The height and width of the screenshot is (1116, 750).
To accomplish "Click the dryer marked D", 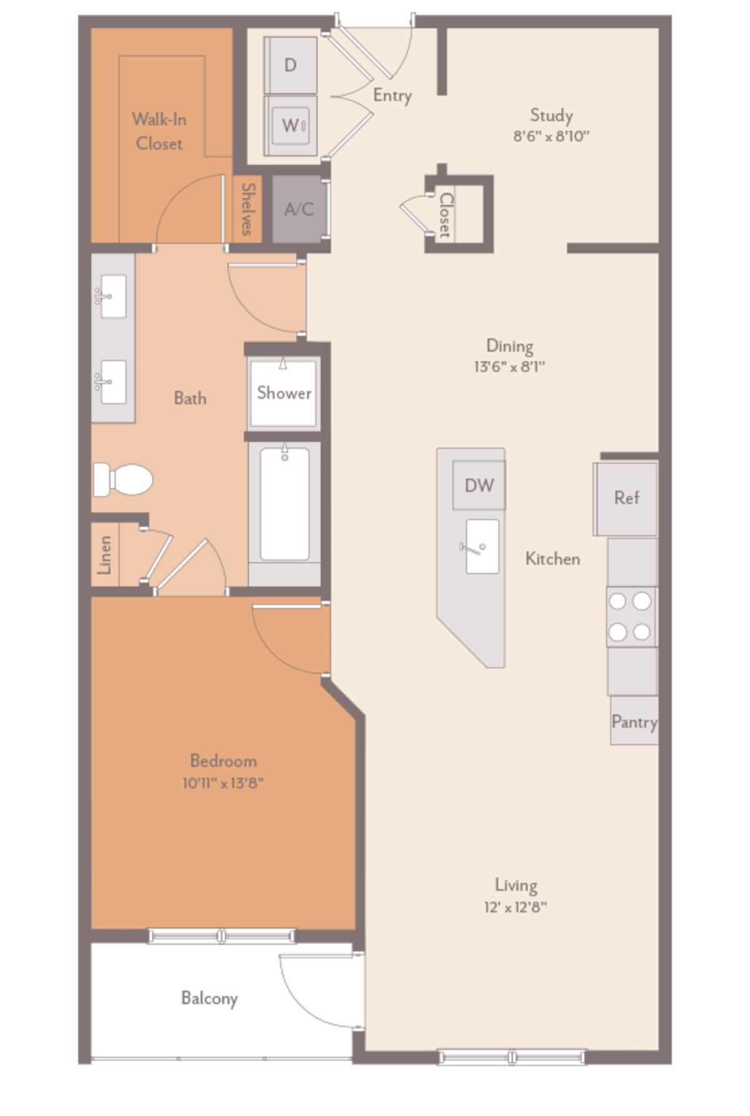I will [x=290, y=65].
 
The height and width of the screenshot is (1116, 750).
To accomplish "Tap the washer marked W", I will [x=290, y=126].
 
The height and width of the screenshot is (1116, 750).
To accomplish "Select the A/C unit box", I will [x=299, y=209].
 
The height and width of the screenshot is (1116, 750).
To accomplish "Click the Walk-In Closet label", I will [x=159, y=131].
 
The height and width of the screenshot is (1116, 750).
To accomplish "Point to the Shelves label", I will [x=248, y=210].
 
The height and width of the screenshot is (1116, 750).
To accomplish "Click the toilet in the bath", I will [x=124, y=480].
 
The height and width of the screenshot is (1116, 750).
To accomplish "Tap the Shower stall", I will [x=284, y=393].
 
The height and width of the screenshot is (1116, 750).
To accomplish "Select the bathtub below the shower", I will [x=284, y=504].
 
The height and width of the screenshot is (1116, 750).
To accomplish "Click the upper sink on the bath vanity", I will [x=112, y=296].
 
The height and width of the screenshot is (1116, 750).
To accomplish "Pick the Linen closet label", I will [x=105, y=554].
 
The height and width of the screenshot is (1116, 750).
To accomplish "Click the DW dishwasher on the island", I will [x=479, y=485].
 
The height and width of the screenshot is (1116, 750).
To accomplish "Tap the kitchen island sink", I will [x=482, y=547].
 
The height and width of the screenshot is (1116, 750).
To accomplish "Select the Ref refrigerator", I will [x=626, y=498].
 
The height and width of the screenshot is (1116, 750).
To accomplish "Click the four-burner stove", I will [x=631, y=617].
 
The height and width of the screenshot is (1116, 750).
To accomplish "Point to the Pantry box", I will [x=634, y=721].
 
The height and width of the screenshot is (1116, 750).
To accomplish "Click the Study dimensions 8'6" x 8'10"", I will [x=551, y=136].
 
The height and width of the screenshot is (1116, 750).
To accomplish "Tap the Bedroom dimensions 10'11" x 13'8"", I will [x=223, y=783].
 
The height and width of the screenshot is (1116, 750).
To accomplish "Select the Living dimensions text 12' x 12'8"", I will [x=516, y=907].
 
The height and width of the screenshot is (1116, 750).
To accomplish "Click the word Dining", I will [x=509, y=345].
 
